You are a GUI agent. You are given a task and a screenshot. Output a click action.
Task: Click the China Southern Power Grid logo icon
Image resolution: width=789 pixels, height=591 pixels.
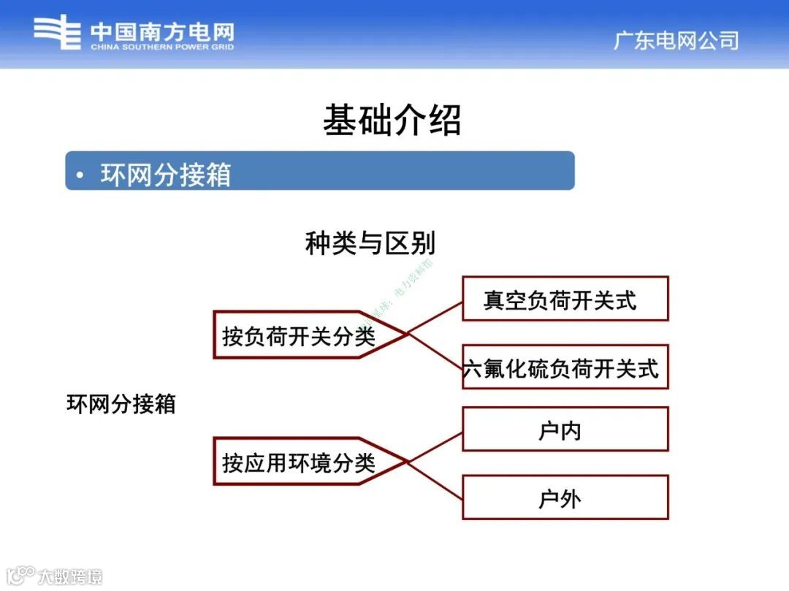tap(57, 32)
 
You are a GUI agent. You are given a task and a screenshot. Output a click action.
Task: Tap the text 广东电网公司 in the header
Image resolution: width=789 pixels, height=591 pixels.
tap(675, 40)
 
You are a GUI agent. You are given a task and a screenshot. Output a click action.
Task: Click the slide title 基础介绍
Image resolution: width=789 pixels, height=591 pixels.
tap(392, 120)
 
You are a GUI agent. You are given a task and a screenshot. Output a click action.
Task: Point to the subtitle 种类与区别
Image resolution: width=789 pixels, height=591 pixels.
tap(370, 243)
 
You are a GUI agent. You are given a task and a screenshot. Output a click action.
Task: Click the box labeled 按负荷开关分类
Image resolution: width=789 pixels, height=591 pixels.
tap(300, 335)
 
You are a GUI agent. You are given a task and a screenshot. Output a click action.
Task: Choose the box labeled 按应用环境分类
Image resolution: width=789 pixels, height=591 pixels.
tap(300, 462)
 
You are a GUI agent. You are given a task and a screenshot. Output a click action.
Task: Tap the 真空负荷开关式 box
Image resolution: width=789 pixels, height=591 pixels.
tap(565, 299)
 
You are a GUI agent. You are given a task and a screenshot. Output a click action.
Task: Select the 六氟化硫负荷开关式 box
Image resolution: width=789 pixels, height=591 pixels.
tap(565, 367)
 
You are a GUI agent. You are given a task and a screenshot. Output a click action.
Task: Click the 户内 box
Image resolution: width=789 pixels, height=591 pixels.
tap(565, 430)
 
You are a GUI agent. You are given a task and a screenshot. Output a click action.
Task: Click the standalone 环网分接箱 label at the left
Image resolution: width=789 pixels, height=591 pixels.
tap(121, 404)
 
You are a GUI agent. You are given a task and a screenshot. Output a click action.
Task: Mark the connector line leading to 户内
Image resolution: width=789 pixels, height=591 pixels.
tap(435, 446)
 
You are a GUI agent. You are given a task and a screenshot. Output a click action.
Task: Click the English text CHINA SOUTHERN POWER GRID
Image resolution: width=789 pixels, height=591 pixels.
tap(162, 47)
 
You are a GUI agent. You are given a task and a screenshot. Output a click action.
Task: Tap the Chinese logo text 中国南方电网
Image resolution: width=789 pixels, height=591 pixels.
tap(162, 31)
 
